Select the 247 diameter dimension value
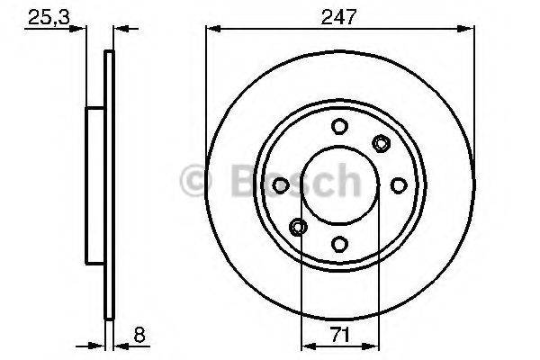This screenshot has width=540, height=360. [x=339, y=15]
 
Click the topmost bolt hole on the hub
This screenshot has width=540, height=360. [x=339, y=127]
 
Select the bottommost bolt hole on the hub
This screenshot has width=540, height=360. [x=339, y=242]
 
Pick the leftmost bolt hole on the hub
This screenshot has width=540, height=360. [x=281, y=184]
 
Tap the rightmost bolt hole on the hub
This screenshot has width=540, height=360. [x=398, y=184]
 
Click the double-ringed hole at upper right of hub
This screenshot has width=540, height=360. [x=381, y=143]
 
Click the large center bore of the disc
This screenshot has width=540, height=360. [x=339, y=184]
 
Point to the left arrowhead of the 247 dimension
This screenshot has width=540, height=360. [x=212, y=29]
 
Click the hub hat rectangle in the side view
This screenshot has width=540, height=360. [x=95, y=184]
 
